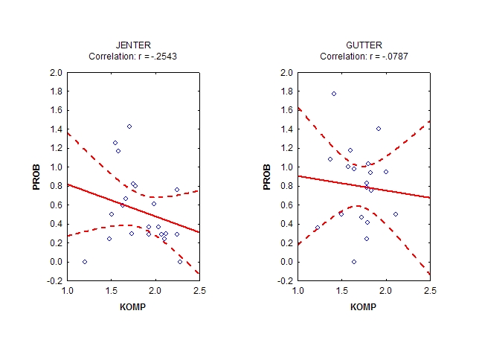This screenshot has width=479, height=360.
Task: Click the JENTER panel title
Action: point(133,46)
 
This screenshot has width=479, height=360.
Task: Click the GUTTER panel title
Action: point(364,46)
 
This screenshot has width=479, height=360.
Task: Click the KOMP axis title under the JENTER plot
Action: point(133,306)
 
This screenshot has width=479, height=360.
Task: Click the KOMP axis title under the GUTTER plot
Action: point(364,306)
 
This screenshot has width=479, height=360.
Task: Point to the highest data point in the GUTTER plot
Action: point(334,94)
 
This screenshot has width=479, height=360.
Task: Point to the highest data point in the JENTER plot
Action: point(129,126)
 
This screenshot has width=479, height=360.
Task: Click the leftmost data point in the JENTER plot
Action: point(85,262)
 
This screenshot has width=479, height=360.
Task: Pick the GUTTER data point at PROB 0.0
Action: point(354,262)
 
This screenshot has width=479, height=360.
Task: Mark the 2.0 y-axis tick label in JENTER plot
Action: point(57,73)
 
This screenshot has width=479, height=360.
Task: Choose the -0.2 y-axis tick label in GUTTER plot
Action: point(286,281)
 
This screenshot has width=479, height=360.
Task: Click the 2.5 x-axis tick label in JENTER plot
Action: point(199,290)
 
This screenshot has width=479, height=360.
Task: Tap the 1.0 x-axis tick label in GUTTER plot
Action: point(298,290)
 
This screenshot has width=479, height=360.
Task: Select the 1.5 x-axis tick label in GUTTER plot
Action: point(341,290)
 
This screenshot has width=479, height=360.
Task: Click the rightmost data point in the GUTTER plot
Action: point(396,214)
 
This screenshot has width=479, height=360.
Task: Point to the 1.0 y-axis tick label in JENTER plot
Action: point(57,167)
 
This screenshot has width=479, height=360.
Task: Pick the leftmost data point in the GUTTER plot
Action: point(318,228)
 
